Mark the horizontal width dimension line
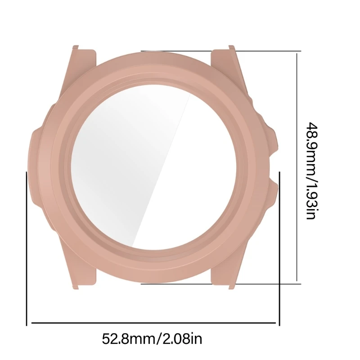pyautogui.click(x=153, y=323)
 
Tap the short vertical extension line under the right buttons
pyautogui.click(x=279, y=247)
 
